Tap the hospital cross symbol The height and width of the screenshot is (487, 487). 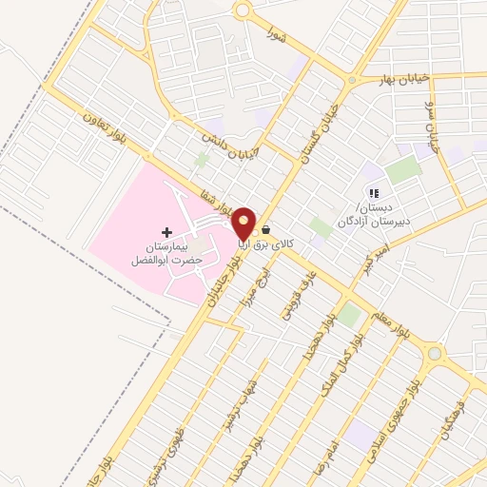(167, 232)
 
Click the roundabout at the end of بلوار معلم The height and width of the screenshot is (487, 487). (435, 355)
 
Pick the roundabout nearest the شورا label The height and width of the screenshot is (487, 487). (243, 10)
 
